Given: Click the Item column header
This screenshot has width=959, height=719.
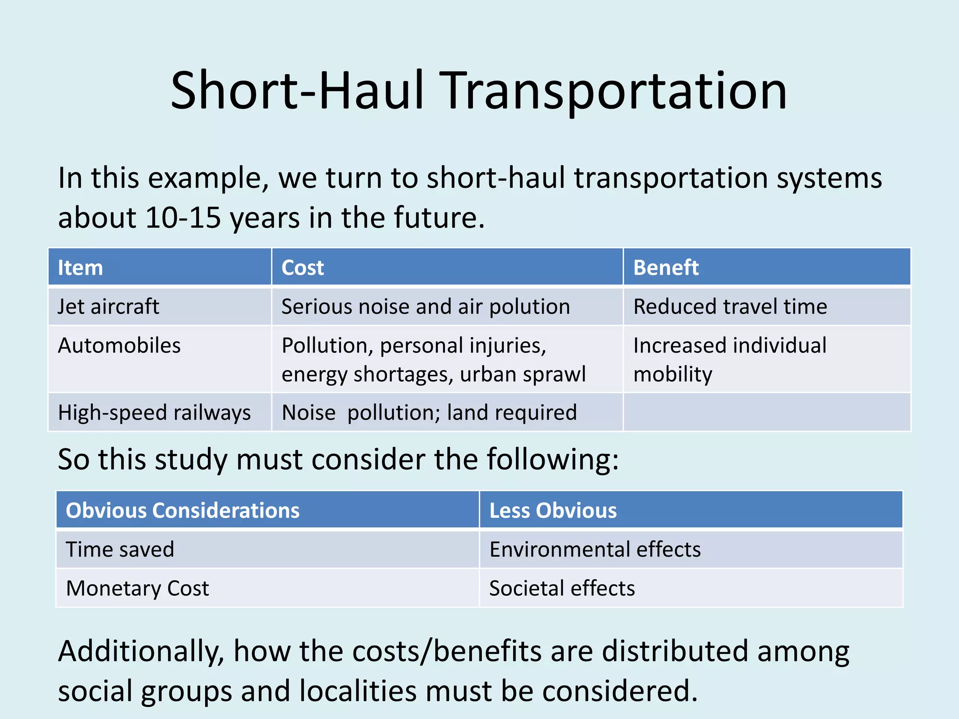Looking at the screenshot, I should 80,268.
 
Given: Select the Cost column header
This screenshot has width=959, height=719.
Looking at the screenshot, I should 302,268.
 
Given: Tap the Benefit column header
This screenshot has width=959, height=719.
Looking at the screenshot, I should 665,268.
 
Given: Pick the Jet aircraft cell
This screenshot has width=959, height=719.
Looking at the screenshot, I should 108,307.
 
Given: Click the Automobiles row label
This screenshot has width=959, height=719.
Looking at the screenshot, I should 119,345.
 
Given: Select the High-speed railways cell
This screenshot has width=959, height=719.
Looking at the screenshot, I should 154,413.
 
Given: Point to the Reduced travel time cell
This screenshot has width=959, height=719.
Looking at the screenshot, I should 730,307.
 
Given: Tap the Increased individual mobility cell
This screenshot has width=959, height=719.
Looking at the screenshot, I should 730,359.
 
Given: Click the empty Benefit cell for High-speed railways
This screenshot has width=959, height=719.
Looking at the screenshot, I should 766,412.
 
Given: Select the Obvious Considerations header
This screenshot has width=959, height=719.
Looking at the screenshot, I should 183,510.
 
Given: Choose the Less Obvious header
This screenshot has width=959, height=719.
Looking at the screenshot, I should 553,510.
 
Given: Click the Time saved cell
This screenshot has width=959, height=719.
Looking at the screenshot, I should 120,549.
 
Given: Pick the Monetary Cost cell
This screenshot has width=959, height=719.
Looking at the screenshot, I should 137,588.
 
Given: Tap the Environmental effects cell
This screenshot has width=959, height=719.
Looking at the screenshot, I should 595,549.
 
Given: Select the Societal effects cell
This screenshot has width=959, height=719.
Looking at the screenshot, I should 562,588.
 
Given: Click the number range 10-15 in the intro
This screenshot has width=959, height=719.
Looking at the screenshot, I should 183,218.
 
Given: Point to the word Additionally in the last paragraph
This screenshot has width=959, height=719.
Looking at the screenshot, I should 140,652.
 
